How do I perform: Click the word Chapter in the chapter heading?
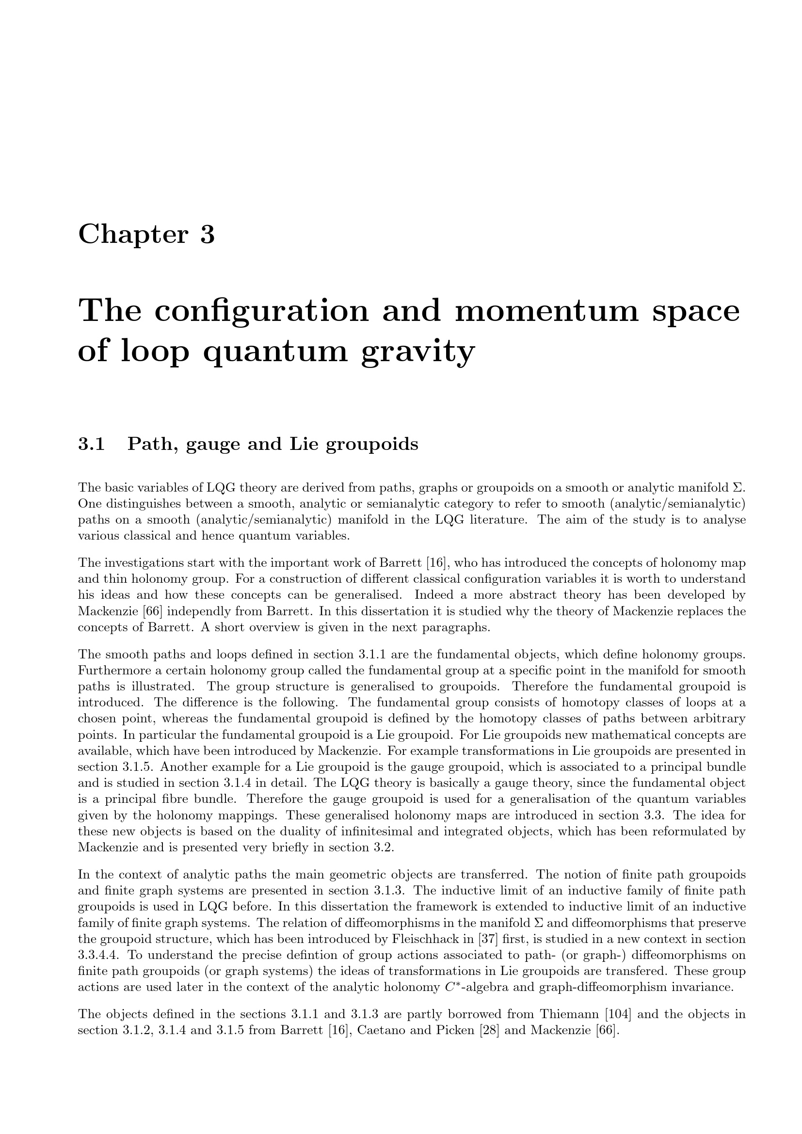[133, 234]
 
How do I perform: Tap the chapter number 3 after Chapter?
[208, 234]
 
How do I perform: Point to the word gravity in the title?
[418, 351]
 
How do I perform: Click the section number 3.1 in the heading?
[91, 444]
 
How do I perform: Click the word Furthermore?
[110, 671]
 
